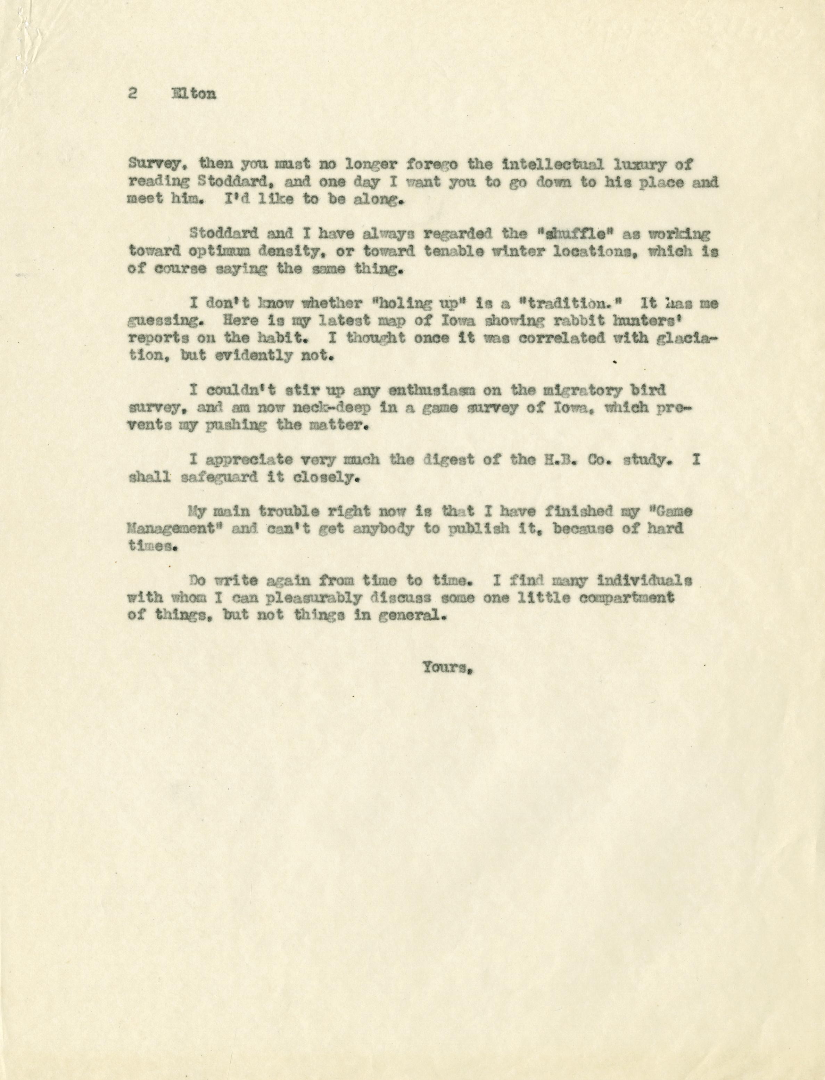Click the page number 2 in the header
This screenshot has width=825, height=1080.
click(x=132, y=94)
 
